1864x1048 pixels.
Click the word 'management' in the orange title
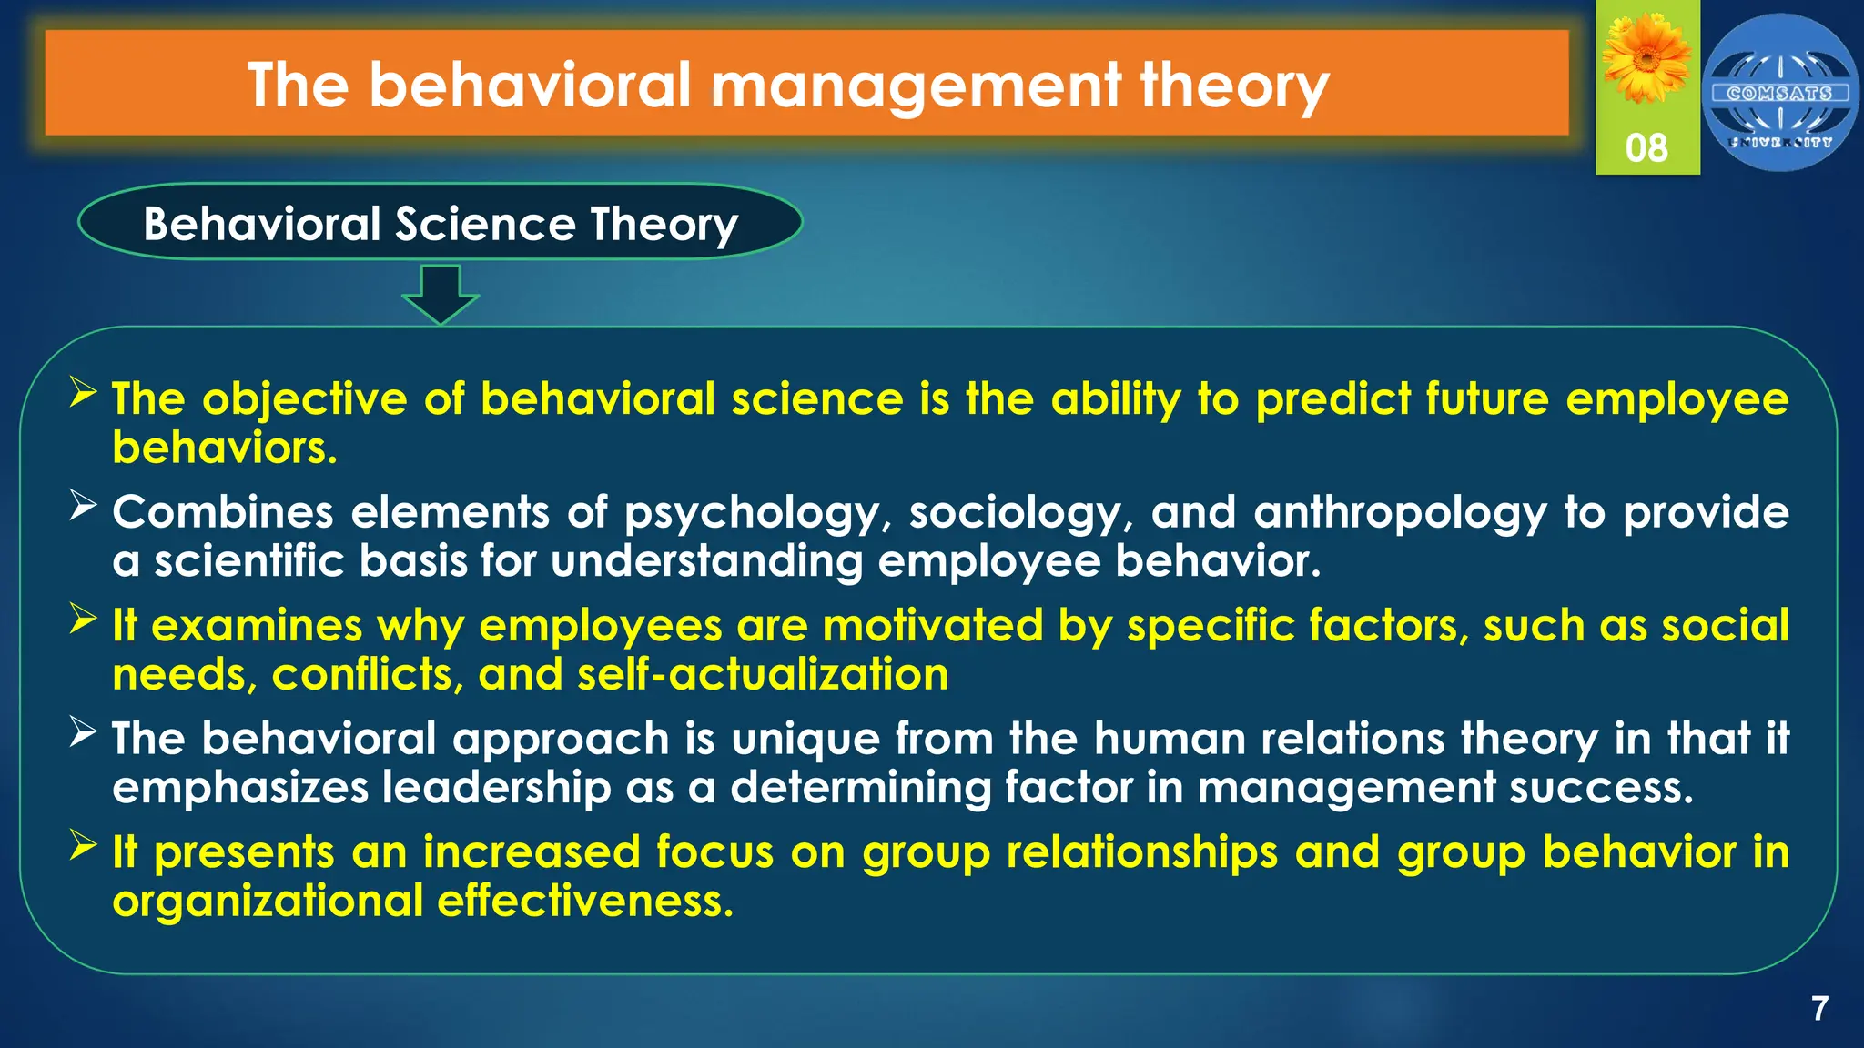[x=915, y=86]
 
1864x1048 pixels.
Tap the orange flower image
[x=1646, y=59]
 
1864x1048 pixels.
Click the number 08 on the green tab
[x=1646, y=148]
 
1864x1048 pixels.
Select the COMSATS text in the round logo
[x=1779, y=93]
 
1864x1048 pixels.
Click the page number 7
[x=1819, y=1009]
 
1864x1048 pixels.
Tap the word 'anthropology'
[x=1400, y=513]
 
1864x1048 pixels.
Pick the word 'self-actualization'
[x=763, y=675]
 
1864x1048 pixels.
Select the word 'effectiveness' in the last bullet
[x=584, y=902]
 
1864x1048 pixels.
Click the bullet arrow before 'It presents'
[x=83, y=845]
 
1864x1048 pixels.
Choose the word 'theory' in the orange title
[x=1234, y=86]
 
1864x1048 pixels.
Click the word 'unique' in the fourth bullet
[x=805, y=739]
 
